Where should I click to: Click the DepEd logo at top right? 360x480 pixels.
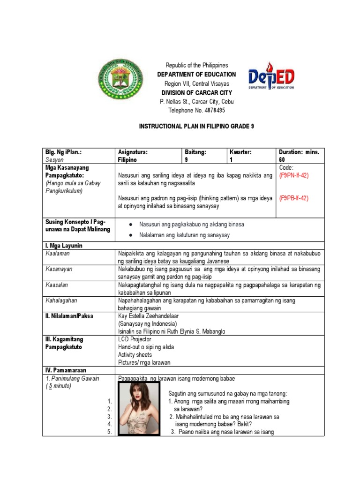(x=272, y=76)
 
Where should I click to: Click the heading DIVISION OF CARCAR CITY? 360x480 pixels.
(x=196, y=92)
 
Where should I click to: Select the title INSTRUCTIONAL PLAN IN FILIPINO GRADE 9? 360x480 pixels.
(x=196, y=127)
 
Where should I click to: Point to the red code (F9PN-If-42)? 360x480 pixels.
(x=294, y=175)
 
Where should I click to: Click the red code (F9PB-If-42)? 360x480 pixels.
(x=294, y=198)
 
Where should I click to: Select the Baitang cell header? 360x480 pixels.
(x=195, y=152)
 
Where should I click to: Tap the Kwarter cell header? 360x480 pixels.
(x=240, y=152)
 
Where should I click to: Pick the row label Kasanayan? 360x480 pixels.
(x=59, y=269)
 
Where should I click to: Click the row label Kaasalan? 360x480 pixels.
(x=57, y=285)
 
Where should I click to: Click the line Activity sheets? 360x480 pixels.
(x=135, y=354)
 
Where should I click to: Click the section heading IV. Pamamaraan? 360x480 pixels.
(x=66, y=370)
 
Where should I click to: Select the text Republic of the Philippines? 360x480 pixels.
(x=196, y=65)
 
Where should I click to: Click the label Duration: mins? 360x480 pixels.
(x=299, y=152)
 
